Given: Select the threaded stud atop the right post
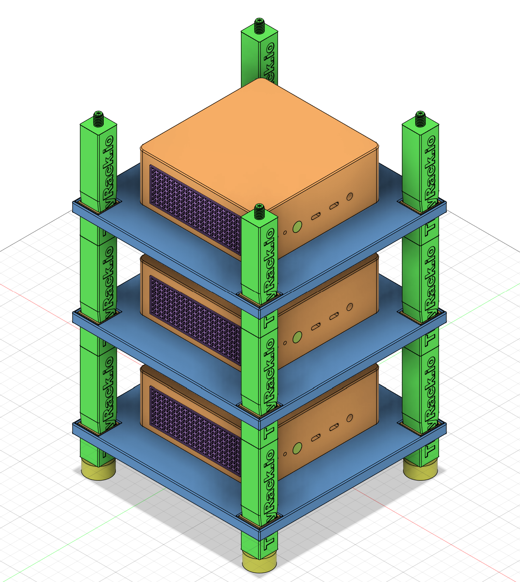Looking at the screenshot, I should click(x=420, y=119).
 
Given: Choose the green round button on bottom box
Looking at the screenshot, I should click(x=297, y=448).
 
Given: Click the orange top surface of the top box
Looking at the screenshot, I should click(x=259, y=143).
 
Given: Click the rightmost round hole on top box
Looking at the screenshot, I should click(x=350, y=196).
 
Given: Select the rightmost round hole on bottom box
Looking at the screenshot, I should click(x=350, y=418).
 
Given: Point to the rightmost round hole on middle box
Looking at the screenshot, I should click(x=350, y=307).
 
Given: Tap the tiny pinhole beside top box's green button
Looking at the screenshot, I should click(x=285, y=233).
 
